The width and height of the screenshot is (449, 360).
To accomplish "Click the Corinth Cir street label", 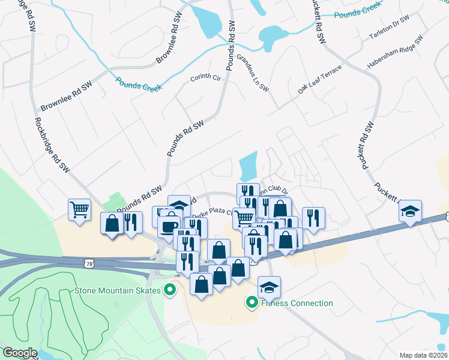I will pos(206,78).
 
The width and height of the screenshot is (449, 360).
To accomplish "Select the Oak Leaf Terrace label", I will pos(319,79).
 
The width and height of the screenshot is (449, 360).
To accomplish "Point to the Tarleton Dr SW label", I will pos(389,28).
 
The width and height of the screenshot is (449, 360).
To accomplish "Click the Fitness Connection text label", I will pos(297,303).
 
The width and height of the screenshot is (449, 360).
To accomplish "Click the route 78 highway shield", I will pos(89,263).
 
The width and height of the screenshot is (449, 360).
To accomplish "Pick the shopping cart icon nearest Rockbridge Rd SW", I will pos(79,210).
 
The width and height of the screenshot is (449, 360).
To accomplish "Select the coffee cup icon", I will pos(167,227).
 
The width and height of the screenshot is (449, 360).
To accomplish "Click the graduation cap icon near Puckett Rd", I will pos(411,212).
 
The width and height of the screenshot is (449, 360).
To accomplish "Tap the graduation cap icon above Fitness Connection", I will pos(270,287).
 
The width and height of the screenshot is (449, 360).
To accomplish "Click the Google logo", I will pos(20,352).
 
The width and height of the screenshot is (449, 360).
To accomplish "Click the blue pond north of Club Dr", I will pos(248,165).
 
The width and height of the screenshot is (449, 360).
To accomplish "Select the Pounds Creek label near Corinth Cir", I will pos(139,85).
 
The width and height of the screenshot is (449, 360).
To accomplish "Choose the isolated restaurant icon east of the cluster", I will pos(313,217).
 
